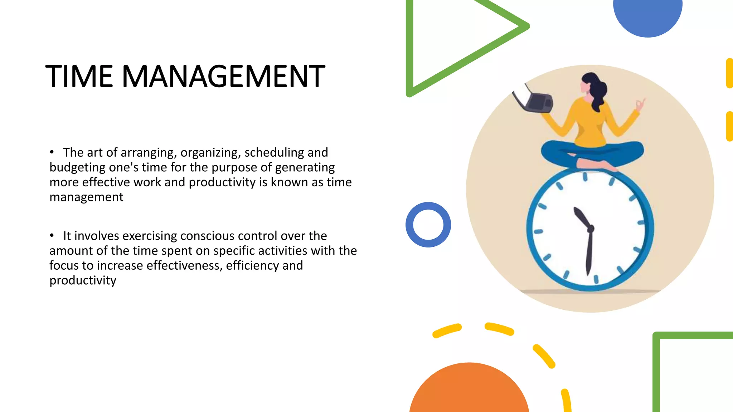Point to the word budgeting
[77, 167]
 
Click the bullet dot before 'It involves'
[52, 235]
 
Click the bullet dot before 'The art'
[52, 152]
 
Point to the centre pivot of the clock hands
[591, 228]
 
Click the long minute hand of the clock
[589, 254]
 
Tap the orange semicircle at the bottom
[469, 390]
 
